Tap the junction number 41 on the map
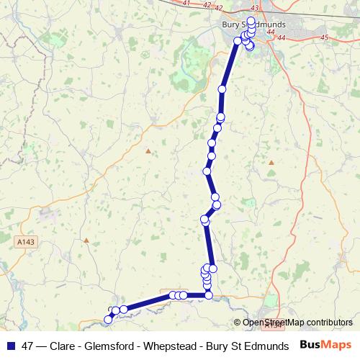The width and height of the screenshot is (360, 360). click(x=188, y=4)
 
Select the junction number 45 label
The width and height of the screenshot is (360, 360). click(x=324, y=37)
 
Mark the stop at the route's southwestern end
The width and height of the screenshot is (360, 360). click(x=109, y=317)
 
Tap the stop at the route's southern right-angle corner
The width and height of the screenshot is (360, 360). click(x=208, y=294)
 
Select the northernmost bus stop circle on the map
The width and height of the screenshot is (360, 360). click(x=251, y=20)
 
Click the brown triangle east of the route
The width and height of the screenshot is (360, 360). click(x=271, y=163)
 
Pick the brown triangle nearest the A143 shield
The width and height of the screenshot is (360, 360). click(x=86, y=240)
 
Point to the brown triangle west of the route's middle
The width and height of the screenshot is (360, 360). click(x=148, y=151)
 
